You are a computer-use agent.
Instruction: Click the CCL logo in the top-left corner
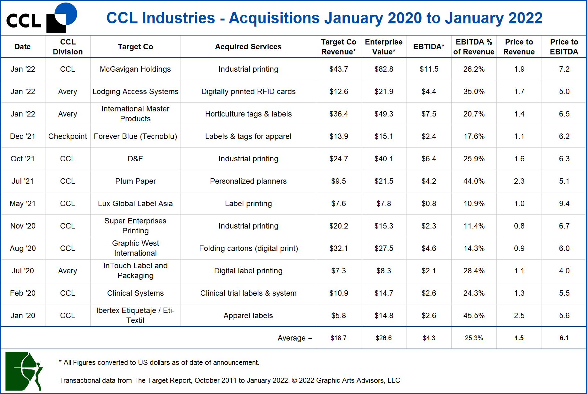42,18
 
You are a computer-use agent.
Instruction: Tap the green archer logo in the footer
24,371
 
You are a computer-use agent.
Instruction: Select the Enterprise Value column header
383,47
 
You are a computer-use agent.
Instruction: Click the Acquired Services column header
248,47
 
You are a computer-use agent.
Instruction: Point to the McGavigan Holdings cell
135,69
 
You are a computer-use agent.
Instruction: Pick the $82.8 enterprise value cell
383,69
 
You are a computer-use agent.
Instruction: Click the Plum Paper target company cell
135,181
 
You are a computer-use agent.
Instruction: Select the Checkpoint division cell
68,136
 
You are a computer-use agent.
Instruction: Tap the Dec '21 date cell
22,136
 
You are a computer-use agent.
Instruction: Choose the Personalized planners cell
248,181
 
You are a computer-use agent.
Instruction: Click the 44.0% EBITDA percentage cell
474,181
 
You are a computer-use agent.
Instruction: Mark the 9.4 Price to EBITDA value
564,204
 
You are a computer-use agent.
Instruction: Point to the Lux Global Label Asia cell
135,204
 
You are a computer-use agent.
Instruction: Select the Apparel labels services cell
248,316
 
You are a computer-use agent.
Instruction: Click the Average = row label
294,338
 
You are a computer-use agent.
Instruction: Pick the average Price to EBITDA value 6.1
564,338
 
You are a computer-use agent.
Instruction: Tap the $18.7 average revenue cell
338,338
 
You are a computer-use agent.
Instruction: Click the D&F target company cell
135,159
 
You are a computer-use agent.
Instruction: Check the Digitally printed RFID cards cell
248,92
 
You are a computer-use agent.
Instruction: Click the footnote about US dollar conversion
159,363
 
